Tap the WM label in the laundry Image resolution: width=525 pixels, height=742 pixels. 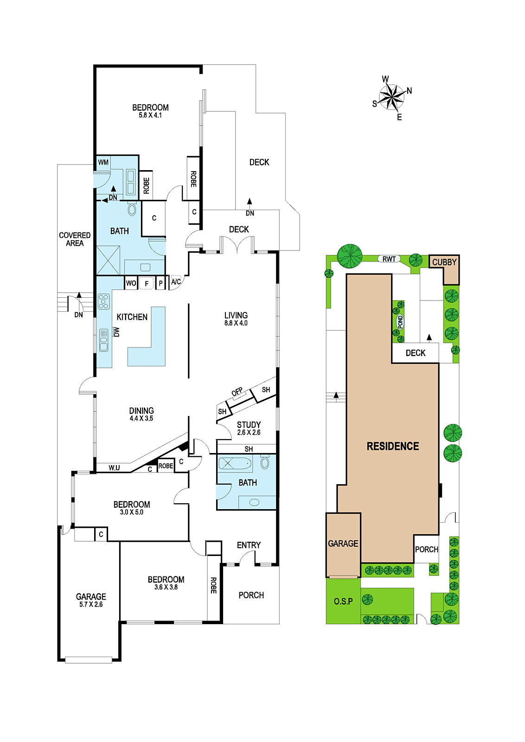[x=103, y=162]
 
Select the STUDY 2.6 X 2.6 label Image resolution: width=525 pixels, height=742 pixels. [x=249, y=428]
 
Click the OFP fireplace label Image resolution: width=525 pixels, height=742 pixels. [x=237, y=391]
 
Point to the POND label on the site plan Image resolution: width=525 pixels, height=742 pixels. [x=400, y=322]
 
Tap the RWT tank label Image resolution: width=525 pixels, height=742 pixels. [x=389, y=259]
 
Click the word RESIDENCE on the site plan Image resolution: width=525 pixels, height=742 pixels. [x=393, y=446]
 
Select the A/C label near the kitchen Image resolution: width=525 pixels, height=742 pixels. [x=176, y=281]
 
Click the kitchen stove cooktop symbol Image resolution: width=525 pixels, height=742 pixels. [x=104, y=301]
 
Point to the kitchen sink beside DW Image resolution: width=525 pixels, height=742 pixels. [x=104, y=340]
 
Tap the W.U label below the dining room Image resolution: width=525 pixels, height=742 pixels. [x=114, y=468]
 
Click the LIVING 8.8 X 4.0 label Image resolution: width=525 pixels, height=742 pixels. [x=236, y=319]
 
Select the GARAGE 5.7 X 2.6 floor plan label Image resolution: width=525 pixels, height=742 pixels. [x=91, y=600]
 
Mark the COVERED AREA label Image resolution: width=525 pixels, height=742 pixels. [x=75, y=239]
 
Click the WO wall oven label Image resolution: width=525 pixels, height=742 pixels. [x=131, y=283]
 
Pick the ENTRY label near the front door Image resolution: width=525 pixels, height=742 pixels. [x=249, y=545]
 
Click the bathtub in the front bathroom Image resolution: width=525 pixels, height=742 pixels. [x=235, y=463]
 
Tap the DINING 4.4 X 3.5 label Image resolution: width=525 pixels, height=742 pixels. [x=141, y=414]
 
